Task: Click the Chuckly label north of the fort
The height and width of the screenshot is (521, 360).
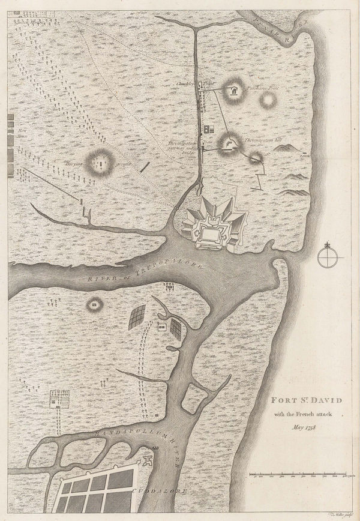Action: tap(183, 83)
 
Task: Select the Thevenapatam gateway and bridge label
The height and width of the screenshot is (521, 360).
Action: tap(182, 147)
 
